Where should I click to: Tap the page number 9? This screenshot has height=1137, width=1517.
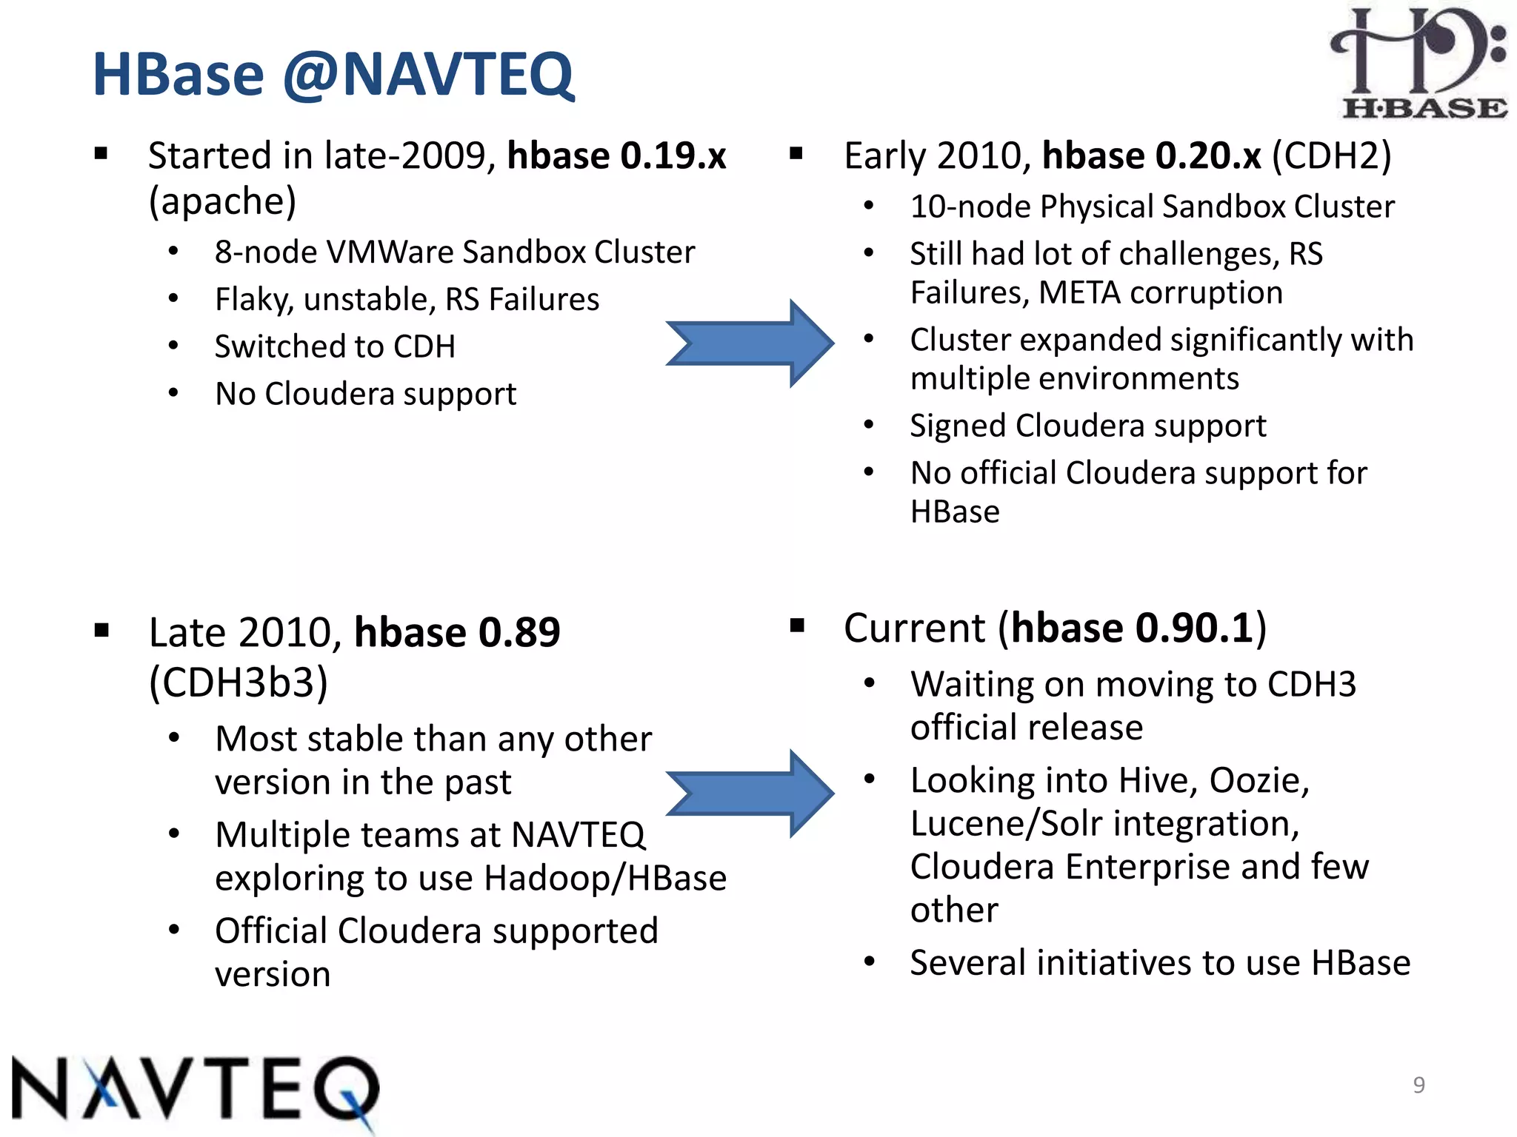point(1418,1084)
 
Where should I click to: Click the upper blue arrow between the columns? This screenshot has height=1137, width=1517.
point(748,343)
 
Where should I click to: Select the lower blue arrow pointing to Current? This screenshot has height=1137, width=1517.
point(748,794)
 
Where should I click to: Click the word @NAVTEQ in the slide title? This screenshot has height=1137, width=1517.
point(427,74)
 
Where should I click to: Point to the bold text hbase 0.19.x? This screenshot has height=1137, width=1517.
point(616,155)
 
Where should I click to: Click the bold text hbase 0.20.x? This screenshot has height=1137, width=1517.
point(1151,155)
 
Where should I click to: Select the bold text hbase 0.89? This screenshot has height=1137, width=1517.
point(457,632)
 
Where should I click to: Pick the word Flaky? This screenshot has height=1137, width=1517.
point(254,300)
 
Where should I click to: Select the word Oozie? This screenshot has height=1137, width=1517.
point(1258,780)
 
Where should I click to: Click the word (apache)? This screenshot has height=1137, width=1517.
point(222,201)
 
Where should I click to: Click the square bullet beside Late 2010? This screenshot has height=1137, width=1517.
point(101,631)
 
